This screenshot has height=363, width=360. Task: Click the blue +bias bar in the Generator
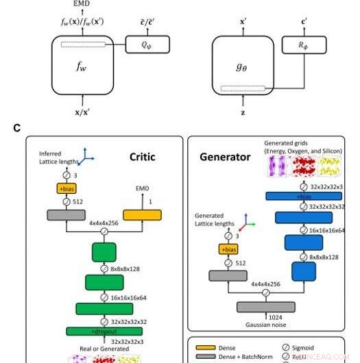tap(304, 197)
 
